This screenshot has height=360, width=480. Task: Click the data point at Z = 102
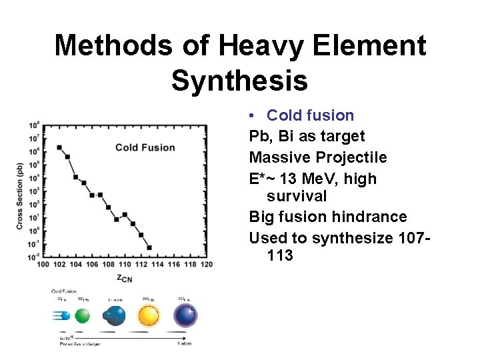coord(59,147)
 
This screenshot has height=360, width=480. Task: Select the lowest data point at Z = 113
coord(149,247)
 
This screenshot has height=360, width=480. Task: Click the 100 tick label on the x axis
coord(43,264)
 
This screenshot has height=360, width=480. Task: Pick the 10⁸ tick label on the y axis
coord(33,125)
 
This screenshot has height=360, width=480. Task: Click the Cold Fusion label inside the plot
coord(145,147)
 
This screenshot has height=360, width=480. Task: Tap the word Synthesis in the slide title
coord(239,80)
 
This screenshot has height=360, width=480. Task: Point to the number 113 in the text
coord(279,255)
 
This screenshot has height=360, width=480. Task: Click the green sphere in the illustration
coord(82,315)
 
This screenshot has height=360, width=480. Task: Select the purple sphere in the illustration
coord(185,315)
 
